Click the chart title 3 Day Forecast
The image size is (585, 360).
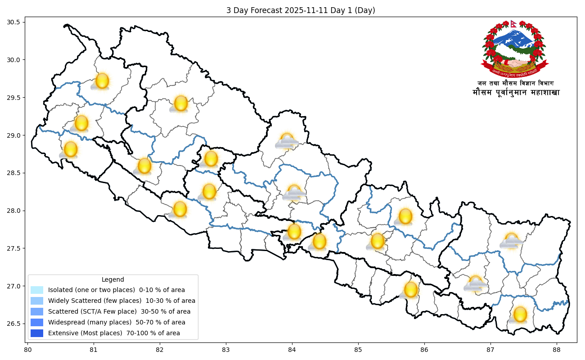coord(301,10)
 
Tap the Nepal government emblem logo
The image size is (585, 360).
coord(514,49)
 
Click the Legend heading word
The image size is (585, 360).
coord(112,279)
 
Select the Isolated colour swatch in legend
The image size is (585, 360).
coord(37,290)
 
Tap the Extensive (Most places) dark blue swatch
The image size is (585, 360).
coord(37,333)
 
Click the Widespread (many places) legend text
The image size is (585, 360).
coord(117,323)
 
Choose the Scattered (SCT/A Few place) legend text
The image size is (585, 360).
coord(119,312)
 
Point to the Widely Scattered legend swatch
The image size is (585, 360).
coord(37,301)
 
